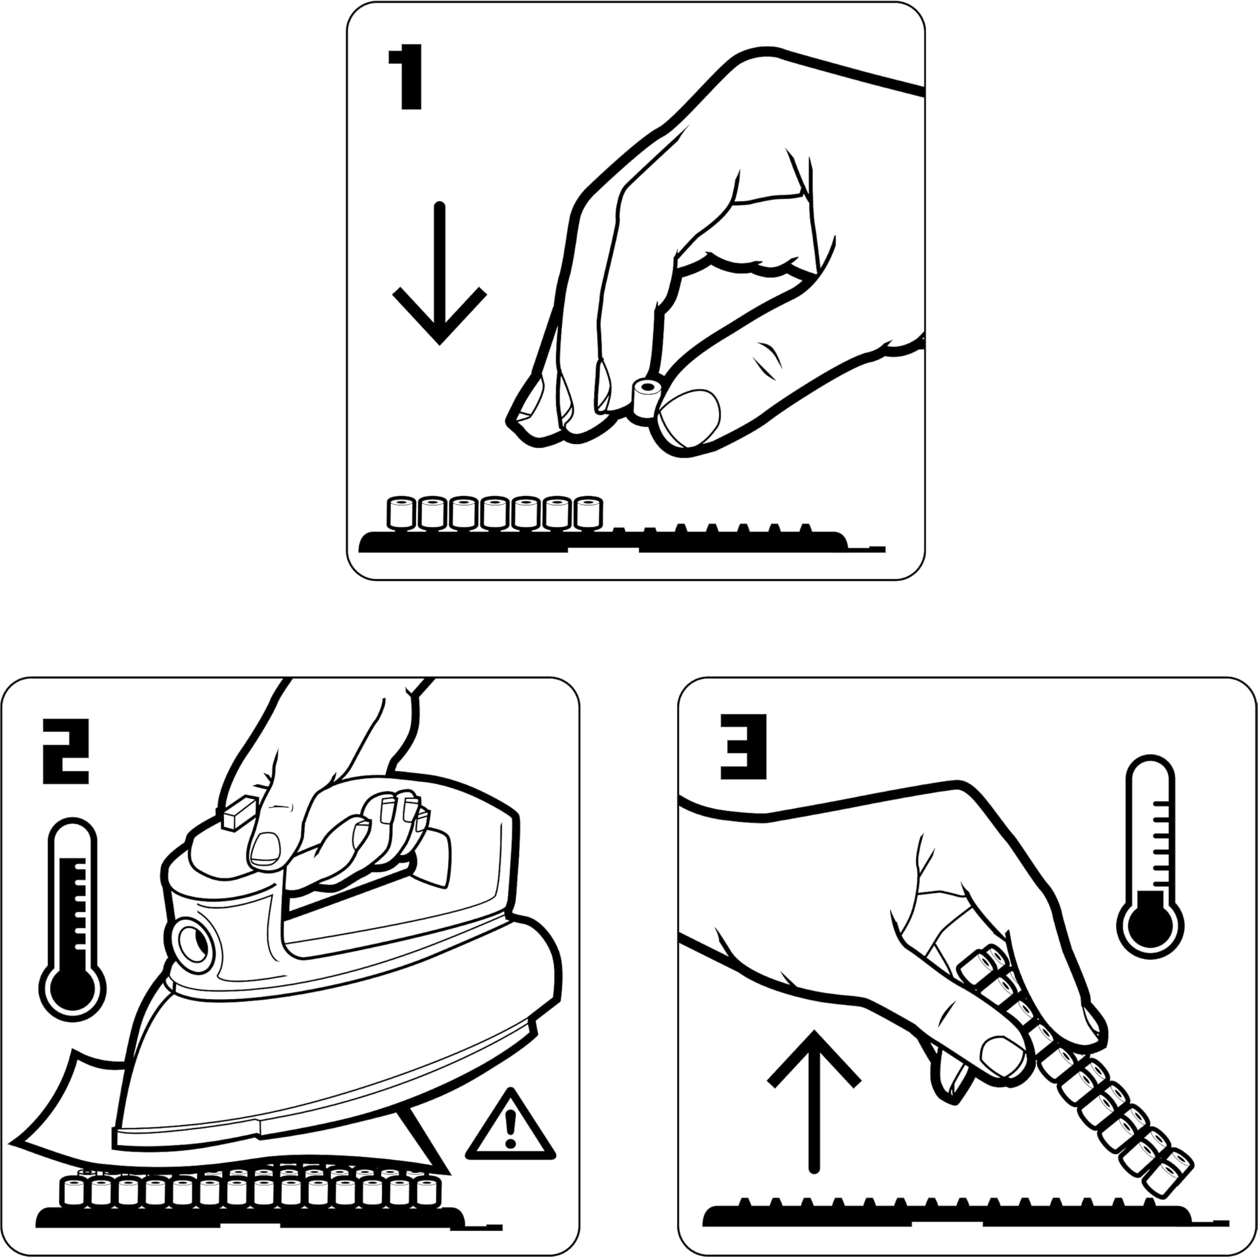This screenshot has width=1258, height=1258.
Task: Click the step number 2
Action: (x=65, y=751)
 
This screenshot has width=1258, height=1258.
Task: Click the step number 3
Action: (x=743, y=747)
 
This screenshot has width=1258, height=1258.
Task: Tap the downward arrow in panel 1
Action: (x=439, y=274)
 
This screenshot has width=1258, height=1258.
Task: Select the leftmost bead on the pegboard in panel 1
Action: (x=401, y=513)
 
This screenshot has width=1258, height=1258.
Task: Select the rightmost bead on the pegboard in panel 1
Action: (x=589, y=513)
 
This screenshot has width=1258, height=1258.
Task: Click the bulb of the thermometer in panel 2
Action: (x=72, y=989)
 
